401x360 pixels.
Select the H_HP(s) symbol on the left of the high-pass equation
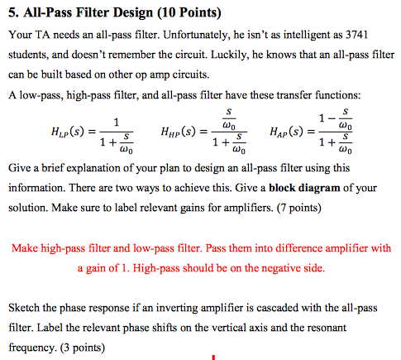189,132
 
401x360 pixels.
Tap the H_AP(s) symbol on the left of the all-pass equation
294,132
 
